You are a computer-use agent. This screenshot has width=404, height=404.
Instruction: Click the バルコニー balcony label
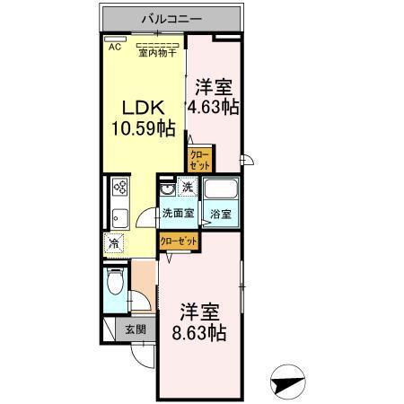(x=170, y=18)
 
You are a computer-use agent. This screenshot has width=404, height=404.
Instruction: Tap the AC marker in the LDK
(x=114, y=48)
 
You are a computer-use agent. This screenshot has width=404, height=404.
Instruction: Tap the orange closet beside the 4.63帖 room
(x=200, y=161)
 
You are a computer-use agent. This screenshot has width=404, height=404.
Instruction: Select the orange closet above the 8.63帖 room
(x=179, y=242)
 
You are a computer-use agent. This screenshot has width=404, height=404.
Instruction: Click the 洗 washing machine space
(x=188, y=188)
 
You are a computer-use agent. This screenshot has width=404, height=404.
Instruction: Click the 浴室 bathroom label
(x=220, y=214)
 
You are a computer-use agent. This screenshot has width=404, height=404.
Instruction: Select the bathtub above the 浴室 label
(x=220, y=191)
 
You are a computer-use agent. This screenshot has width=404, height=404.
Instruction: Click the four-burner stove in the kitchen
(x=120, y=189)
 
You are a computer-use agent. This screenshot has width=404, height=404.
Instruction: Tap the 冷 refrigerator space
(x=114, y=242)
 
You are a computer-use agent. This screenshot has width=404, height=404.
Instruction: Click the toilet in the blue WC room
(x=114, y=285)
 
